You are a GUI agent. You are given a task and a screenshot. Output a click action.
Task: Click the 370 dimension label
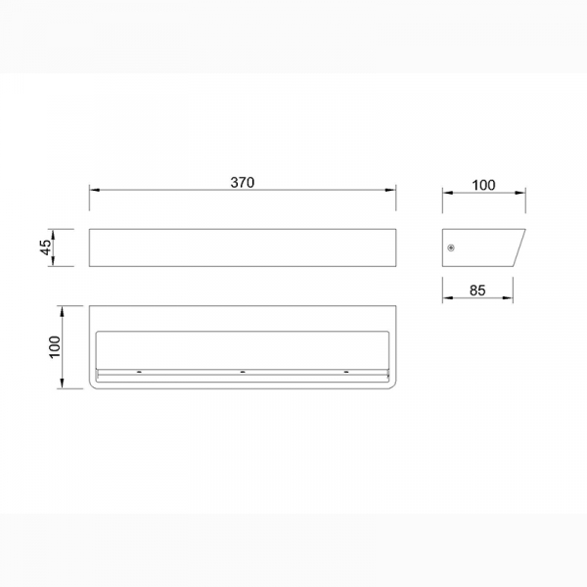pyautogui.click(x=243, y=182)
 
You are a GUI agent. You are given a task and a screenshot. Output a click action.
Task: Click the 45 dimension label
pyautogui.click(x=46, y=248)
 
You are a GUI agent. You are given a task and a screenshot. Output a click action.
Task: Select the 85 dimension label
pyautogui.click(x=477, y=291)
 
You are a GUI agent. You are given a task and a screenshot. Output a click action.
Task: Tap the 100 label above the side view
pyautogui.click(x=483, y=185)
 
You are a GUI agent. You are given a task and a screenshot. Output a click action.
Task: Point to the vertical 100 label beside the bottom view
pyautogui.click(x=55, y=347)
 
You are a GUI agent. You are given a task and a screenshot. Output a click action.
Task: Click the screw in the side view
pyautogui.click(x=451, y=248)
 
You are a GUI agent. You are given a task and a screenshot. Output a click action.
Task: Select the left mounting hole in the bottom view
pyautogui.click(x=139, y=372)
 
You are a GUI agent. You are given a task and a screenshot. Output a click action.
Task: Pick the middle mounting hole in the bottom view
pyautogui.click(x=243, y=372)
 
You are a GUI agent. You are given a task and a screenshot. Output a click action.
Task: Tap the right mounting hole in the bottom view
pyautogui.click(x=346, y=372)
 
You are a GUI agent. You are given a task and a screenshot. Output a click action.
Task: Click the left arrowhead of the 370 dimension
pyautogui.click(x=94, y=190)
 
